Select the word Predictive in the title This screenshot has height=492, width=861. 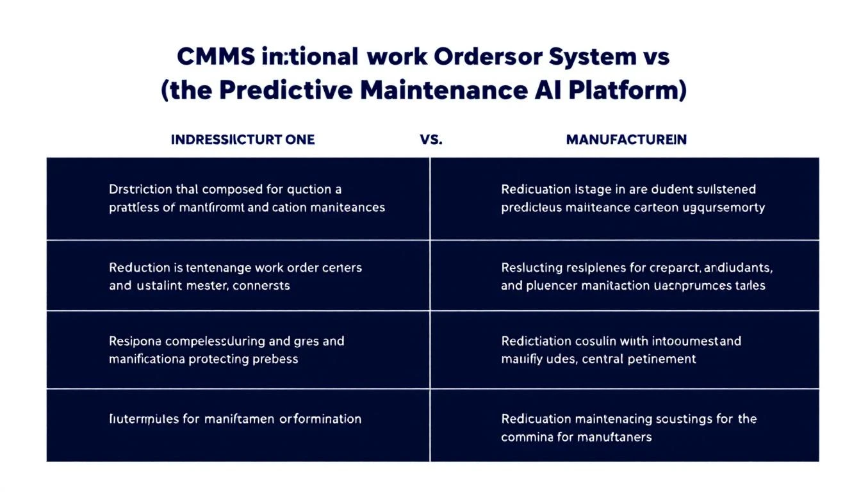(285, 90)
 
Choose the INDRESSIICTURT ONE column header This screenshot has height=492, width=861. (243, 140)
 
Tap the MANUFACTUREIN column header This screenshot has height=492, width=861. (626, 140)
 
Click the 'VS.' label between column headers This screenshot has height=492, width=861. (431, 140)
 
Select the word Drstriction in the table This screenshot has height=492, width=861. (140, 190)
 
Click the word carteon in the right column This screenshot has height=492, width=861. (643, 208)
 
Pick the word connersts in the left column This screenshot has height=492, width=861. (262, 285)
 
